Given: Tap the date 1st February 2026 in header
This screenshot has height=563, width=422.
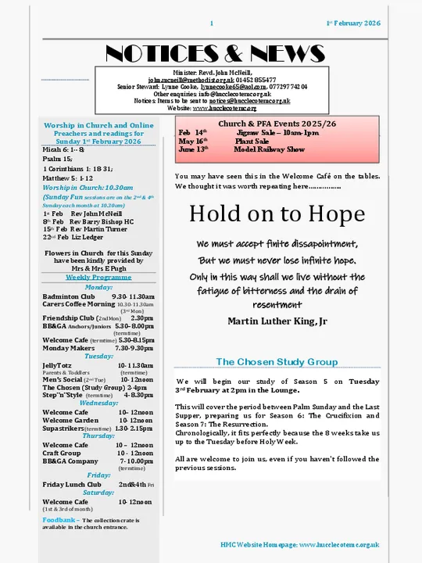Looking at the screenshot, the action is (353, 23).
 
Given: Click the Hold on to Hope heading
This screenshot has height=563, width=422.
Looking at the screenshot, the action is (277, 213).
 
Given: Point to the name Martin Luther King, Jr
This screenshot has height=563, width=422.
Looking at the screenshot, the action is (277, 321).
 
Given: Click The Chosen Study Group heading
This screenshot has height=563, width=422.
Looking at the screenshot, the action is (277, 362).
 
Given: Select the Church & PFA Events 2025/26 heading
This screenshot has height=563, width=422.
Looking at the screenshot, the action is (277, 124).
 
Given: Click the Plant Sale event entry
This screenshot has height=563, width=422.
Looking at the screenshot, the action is (251, 141).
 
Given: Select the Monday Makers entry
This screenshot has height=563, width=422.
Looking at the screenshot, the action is (68, 347).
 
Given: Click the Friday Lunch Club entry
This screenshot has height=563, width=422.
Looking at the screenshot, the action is (72, 484).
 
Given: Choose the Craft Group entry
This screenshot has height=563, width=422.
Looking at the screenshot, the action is (62, 453).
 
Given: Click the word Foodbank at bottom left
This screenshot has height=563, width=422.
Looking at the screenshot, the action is (59, 519).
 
